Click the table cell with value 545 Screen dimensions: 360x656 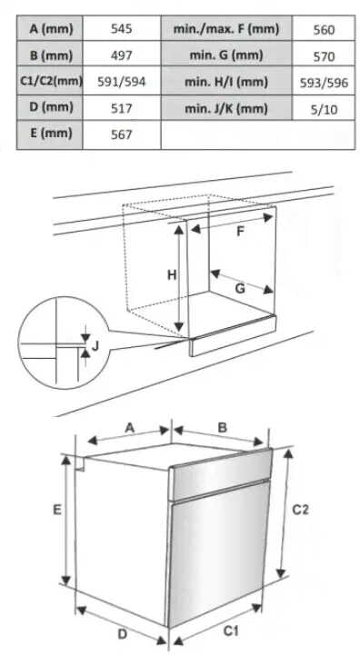[122, 29]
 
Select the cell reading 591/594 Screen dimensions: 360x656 [122, 82]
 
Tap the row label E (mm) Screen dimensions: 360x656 [50, 134]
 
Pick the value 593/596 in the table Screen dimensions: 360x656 [324, 83]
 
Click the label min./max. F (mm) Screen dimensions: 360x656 [226, 29]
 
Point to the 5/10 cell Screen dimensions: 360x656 [324, 109]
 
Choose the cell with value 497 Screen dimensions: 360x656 [122, 55]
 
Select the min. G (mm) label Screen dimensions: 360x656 [226, 55]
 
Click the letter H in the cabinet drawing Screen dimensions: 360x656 [172, 275]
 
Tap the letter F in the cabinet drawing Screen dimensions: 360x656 [240, 231]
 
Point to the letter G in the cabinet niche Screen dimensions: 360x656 [240, 288]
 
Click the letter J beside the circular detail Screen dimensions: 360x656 [95, 346]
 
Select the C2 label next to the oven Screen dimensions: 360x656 [301, 510]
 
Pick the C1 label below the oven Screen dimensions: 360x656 [230, 631]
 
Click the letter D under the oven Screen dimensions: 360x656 [122, 634]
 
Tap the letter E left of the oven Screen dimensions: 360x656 [57, 510]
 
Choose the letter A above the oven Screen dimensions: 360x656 [130, 428]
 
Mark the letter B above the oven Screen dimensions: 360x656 [223, 428]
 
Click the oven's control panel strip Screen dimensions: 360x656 [220, 474]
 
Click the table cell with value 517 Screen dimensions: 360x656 [122, 108]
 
